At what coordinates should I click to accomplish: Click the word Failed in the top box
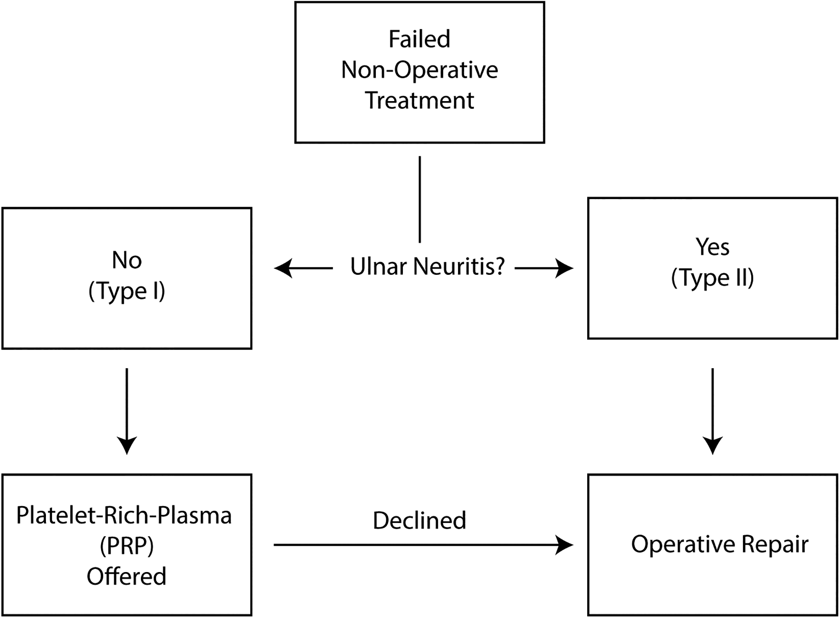pyautogui.click(x=419, y=39)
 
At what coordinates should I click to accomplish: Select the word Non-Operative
pyautogui.click(x=419, y=70)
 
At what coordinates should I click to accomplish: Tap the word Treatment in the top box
pyautogui.click(x=419, y=101)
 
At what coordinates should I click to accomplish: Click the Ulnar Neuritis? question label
pyautogui.click(x=427, y=267)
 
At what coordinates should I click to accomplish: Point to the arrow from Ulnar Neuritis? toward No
pyautogui.click(x=303, y=268)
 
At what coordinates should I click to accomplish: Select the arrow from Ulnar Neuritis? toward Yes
pyautogui.click(x=544, y=268)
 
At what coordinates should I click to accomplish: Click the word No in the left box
pyautogui.click(x=127, y=260)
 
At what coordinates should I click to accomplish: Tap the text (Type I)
pyautogui.click(x=127, y=291)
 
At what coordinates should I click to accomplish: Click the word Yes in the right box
pyautogui.click(x=712, y=247)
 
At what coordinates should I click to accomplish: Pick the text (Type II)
pyautogui.click(x=712, y=278)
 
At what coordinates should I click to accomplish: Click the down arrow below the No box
pyautogui.click(x=127, y=411)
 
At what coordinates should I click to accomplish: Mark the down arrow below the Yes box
pyautogui.click(x=713, y=411)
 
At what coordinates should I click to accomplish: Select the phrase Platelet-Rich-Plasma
pyautogui.click(x=124, y=516)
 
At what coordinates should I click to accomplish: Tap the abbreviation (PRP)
pyautogui.click(x=127, y=546)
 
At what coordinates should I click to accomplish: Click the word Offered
pyautogui.click(x=126, y=576)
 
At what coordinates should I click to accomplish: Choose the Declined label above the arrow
pyautogui.click(x=419, y=520)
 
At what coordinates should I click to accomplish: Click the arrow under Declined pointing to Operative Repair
pyautogui.click(x=423, y=545)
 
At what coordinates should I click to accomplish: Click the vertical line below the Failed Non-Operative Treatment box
pyautogui.click(x=420, y=199)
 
